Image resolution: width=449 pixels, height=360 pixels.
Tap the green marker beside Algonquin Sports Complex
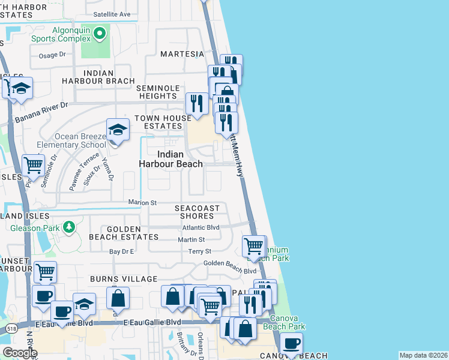[x=100, y=34]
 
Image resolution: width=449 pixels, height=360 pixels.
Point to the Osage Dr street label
[x=52, y=55]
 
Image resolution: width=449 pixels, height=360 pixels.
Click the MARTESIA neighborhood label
[x=182, y=54]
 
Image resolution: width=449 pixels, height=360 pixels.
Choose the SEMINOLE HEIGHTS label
[x=158, y=92]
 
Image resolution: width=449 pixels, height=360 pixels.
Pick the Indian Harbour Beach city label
[x=170, y=158]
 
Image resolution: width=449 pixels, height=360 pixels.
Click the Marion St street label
[x=142, y=203]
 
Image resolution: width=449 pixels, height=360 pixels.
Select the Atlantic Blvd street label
[x=201, y=227]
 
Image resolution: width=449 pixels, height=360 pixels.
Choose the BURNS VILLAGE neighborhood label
[x=123, y=279]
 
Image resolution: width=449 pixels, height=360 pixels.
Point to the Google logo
[x=19, y=353]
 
